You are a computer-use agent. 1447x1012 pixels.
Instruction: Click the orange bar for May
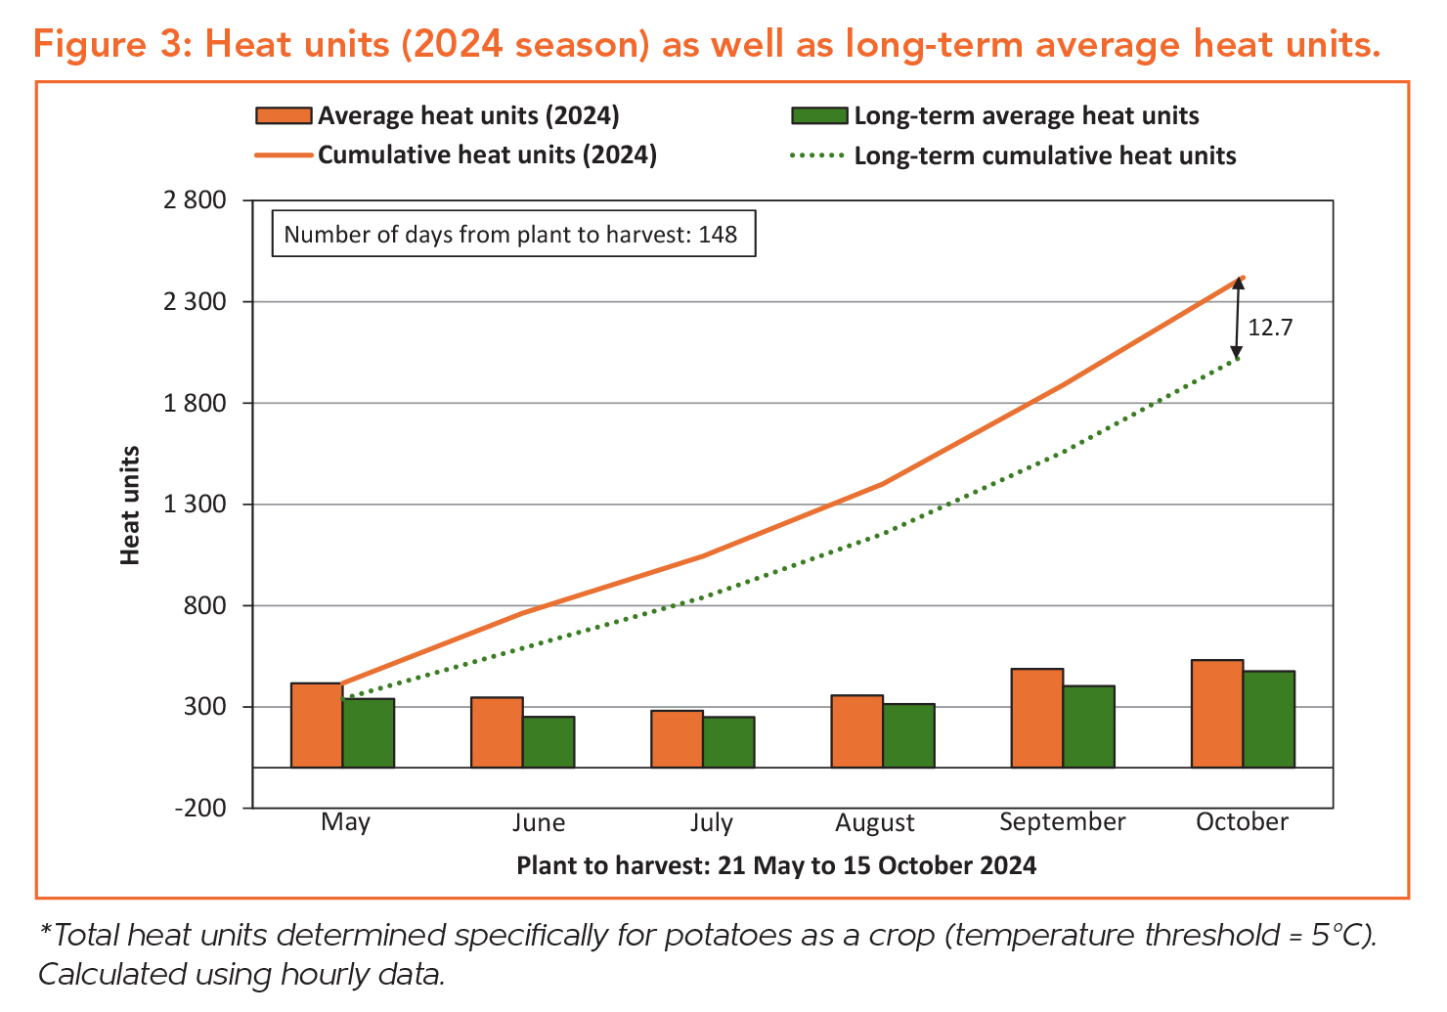point(317,725)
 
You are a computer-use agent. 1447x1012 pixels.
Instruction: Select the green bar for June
point(548,742)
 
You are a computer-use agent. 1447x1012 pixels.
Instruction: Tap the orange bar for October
point(1216,714)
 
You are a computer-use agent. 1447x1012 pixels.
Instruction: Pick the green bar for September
point(1088,726)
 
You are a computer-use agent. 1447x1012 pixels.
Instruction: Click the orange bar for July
point(677,738)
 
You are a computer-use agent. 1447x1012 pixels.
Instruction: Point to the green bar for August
point(908,735)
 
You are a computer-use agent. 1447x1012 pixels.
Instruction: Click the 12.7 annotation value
point(1270,328)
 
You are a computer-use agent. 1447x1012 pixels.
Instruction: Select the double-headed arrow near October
point(1237,319)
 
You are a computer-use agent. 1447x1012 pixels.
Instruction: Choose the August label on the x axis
point(874,823)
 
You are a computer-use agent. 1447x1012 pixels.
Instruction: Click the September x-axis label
point(1062,822)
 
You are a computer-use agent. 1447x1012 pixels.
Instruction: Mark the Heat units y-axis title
point(130,506)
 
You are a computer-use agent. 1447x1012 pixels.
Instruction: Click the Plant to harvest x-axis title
point(775,866)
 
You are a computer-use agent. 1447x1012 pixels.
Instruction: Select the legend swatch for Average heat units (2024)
point(284,116)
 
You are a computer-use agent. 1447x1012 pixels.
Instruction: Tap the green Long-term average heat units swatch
point(817,116)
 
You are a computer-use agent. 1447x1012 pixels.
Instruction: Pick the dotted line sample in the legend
point(817,156)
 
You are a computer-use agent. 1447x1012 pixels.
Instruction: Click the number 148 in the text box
point(718,235)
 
